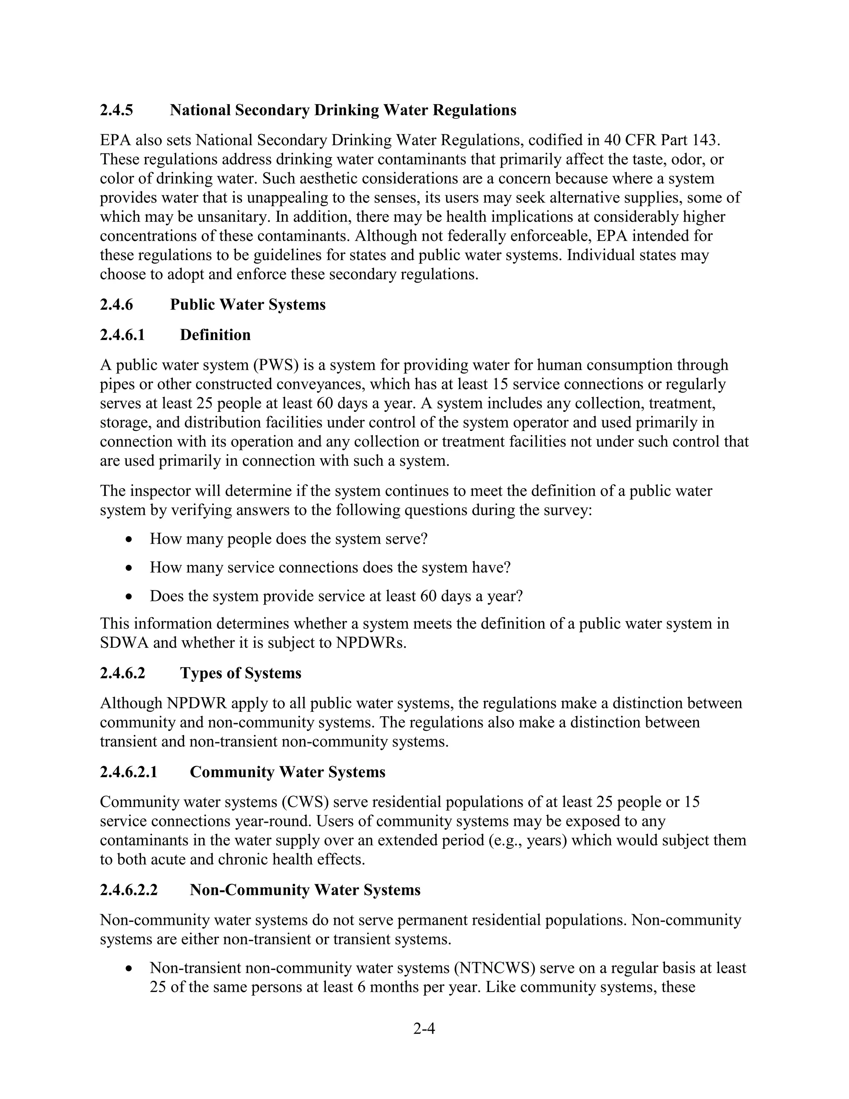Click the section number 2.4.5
point(116,110)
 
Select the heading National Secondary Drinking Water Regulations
point(342,110)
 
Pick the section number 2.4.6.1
point(122,335)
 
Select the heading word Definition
point(215,335)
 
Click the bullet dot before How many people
point(130,540)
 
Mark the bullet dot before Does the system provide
point(130,597)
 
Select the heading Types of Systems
point(240,673)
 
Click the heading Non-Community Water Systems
point(305,890)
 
